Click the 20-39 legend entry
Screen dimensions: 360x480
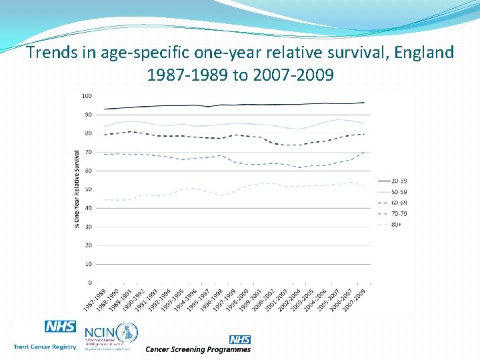coord(393,180)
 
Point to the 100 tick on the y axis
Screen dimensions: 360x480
coord(87,95)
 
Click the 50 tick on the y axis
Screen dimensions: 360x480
coord(88,189)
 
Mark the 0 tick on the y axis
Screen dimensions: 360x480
coord(90,283)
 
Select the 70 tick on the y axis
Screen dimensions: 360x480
coord(88,152)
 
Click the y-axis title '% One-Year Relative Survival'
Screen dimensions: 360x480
coord(77,189)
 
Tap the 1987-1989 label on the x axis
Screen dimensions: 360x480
coord(95,298)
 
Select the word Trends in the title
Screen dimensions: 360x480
coord(51,52)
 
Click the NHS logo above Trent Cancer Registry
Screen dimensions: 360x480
coord(60,327)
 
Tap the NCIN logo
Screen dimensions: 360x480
coord(110,336)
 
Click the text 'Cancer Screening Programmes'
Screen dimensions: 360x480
coord(198,349)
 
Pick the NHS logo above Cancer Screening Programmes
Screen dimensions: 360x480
coord(239,340)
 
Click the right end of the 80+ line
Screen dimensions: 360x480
coord(364,186)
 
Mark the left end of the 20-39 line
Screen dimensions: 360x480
coord(105,109)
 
